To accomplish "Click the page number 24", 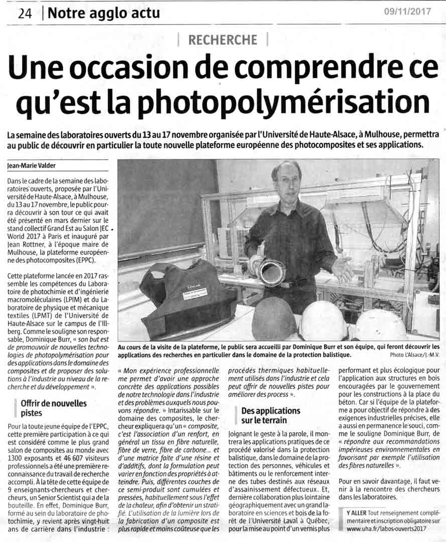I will [25, 14].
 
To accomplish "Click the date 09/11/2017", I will [407, 12].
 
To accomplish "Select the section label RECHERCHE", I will [223, 40].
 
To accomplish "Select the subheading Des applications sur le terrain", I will [271, 415].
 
